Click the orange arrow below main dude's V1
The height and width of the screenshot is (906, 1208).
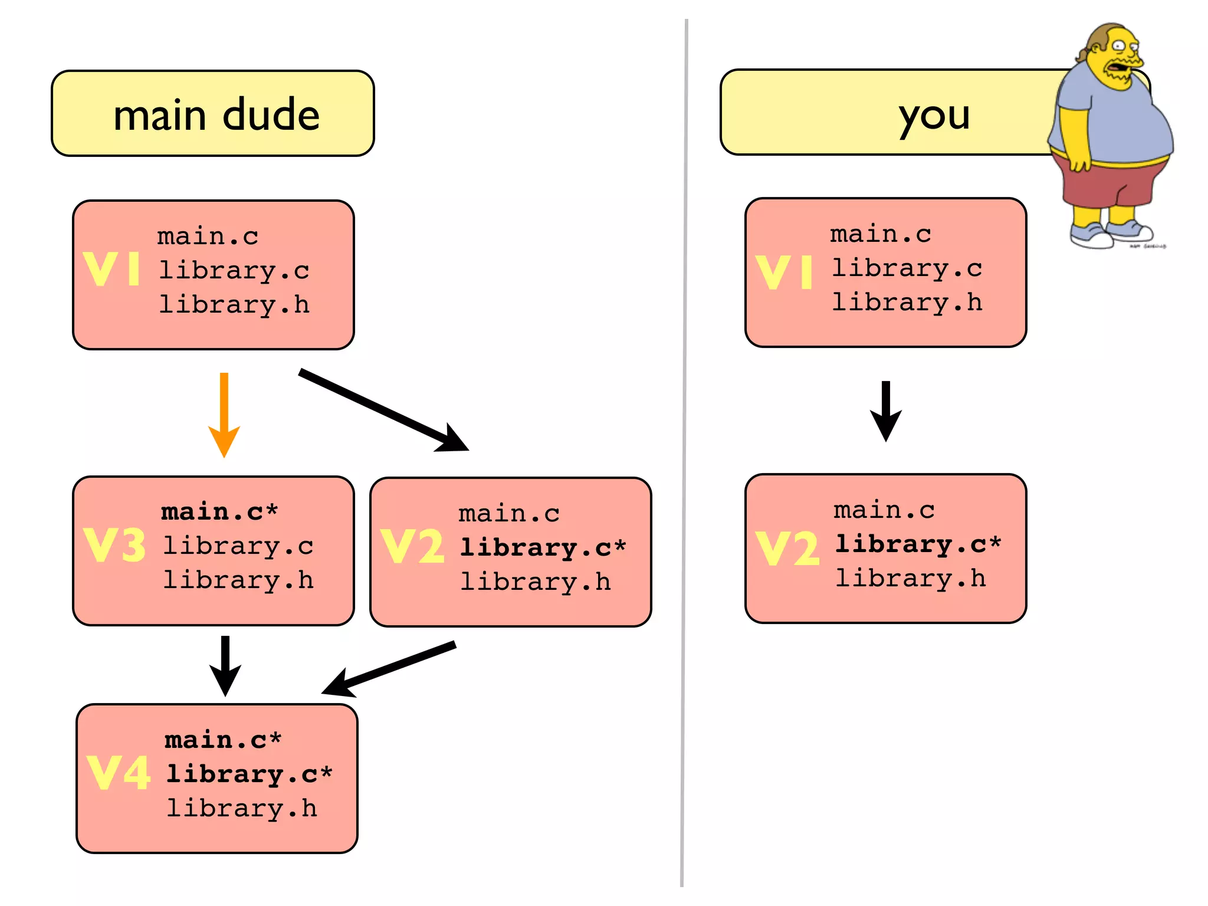tap(224, 413)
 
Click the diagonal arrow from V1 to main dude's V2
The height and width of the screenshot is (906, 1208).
tap(383, 411)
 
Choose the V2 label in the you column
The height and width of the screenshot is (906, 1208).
tap(787, 549)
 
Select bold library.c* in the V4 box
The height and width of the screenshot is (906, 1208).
tap(250, 774)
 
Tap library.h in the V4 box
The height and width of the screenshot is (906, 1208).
tap(242, 808)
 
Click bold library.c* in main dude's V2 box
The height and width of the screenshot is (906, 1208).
tap(543, 547)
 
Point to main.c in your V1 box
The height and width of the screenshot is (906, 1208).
tap(881, 234)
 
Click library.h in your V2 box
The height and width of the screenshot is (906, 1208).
tap(911, 578)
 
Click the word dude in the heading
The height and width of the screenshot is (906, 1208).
tap(271, 114)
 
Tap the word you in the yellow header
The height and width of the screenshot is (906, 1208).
tap(934, 116)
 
